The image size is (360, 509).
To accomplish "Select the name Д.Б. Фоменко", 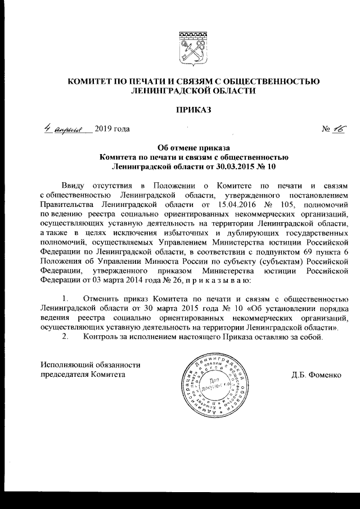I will pyautogui.click(x=316, y=374).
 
